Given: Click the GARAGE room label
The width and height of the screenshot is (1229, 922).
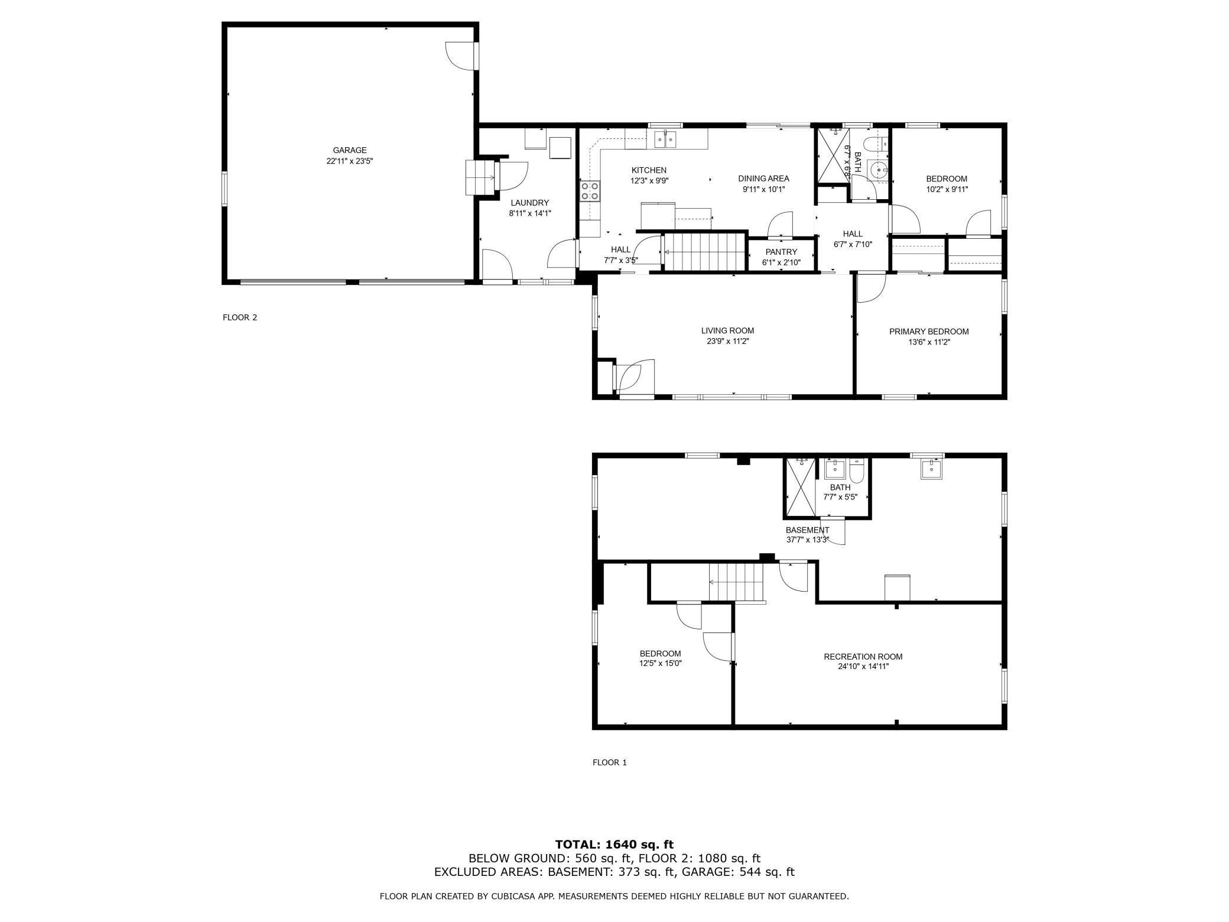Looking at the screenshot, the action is click(350, 150).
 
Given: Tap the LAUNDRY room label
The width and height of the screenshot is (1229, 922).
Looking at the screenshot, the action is click(530, 203).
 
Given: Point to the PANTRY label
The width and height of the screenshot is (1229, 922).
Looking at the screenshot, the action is click(781, 252).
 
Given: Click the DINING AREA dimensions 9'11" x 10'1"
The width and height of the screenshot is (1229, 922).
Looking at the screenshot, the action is click(763, 189).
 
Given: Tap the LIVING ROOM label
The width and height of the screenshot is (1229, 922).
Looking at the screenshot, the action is click(727, 330).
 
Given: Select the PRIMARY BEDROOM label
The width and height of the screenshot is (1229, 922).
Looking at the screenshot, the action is click(929, 332).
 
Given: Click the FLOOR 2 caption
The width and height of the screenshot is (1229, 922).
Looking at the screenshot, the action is click(240, 317).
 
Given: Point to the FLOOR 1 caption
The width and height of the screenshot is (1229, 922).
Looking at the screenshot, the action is click(610, 762).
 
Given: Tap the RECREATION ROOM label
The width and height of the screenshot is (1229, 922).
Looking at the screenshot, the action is click(863, 657).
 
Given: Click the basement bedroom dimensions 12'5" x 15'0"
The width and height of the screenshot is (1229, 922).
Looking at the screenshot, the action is click(660, 663).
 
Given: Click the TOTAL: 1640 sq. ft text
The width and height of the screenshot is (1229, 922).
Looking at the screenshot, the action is click(614, 845).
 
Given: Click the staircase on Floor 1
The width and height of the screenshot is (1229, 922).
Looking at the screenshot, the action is click(736, 583).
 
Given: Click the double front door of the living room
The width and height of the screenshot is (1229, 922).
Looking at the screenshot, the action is click(634, 375).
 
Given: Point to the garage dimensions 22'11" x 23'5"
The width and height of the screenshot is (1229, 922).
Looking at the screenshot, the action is click(350, 161).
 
